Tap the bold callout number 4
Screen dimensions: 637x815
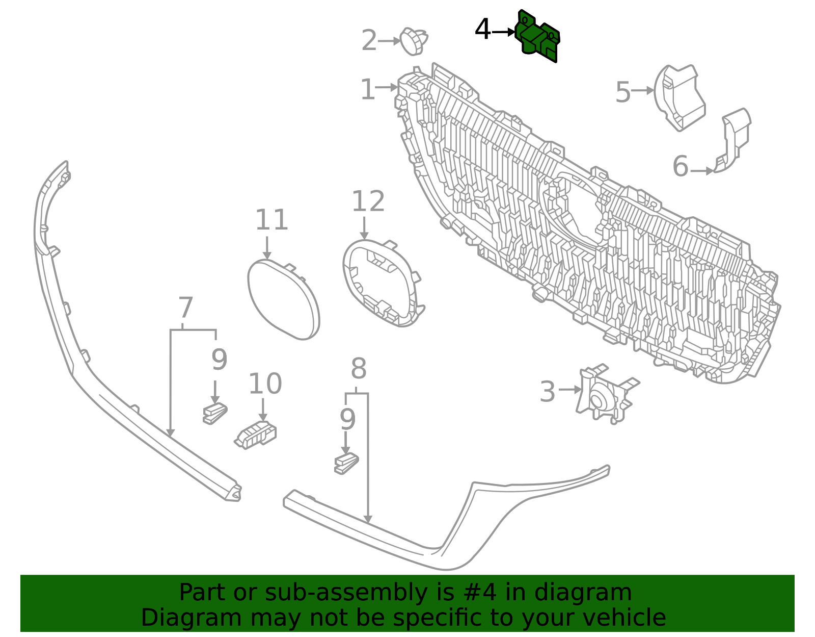click(482, 30)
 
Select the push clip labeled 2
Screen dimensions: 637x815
click(414, 41)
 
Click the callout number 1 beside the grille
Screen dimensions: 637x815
click(367, 90)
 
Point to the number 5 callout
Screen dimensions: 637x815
click(623, 93)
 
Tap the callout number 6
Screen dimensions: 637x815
click(681, 167)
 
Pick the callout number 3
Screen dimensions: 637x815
click(548, 392)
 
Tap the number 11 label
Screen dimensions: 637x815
click(271, 221)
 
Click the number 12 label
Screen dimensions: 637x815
click(368, 202)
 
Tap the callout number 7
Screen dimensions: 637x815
click(185, 309)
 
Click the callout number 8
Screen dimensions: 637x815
click(359, 369)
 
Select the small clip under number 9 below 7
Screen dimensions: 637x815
click(214, 413)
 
